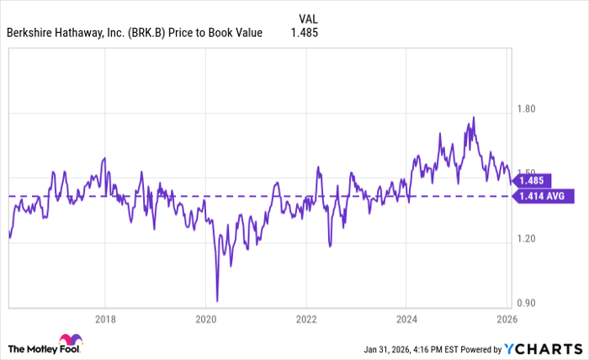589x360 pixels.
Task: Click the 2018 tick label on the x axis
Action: (x=105, y=319)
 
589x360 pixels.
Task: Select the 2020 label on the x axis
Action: (x=206, y=319)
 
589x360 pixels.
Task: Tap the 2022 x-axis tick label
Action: (x=306, y=319)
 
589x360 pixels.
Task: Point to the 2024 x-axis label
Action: (x=406, y=319)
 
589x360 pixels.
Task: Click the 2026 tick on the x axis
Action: (x=506, y=319)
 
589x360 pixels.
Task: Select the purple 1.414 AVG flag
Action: (x=543, y=196)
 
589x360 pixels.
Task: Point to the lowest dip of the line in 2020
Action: (x=217, y=300)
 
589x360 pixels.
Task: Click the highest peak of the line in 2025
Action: (x=473, y=118)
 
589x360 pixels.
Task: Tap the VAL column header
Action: (x=309, y=17)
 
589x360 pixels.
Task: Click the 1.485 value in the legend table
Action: (x=309, y=33)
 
